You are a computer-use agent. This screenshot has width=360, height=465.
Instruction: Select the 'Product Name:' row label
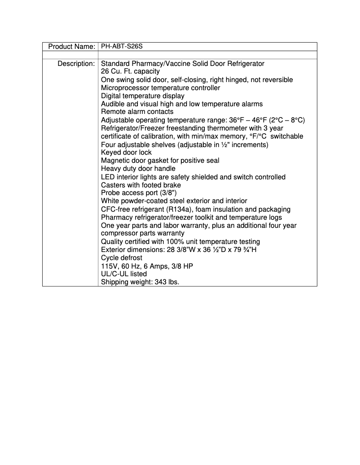coord(71,47)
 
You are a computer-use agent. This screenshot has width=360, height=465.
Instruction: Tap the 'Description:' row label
coord(76,64)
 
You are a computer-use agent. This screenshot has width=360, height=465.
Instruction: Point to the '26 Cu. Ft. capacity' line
coord(130,72)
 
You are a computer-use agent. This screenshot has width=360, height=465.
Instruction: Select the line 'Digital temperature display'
coord(142,96)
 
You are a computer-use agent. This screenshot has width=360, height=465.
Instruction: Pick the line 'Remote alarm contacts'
coord(137,112)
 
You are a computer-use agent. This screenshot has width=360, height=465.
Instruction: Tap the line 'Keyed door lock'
coord(126,152)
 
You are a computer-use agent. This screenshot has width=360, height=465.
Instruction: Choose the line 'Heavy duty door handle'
coord(138,169)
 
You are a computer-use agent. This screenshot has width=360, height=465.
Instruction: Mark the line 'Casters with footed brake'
coord(141,185)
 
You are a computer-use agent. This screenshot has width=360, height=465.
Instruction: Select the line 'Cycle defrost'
coord(122,258)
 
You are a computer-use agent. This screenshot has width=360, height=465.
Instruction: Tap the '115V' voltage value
coord(109,266)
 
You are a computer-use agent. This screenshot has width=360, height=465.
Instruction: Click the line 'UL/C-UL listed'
coord(124,274)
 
